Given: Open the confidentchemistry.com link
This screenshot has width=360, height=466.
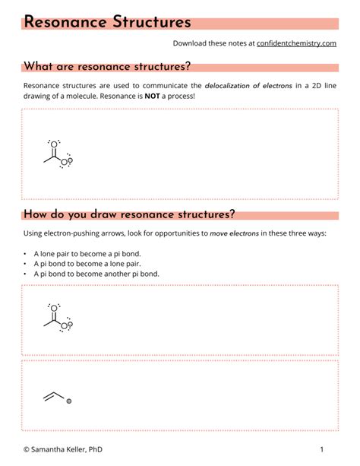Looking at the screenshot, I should tap(296, 43).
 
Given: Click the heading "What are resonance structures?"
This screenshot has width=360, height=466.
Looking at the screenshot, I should tap(107, 67).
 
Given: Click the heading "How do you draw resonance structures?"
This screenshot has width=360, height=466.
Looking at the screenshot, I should tap(129, 214).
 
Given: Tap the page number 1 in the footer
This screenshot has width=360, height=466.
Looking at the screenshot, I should tap(322, 449).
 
